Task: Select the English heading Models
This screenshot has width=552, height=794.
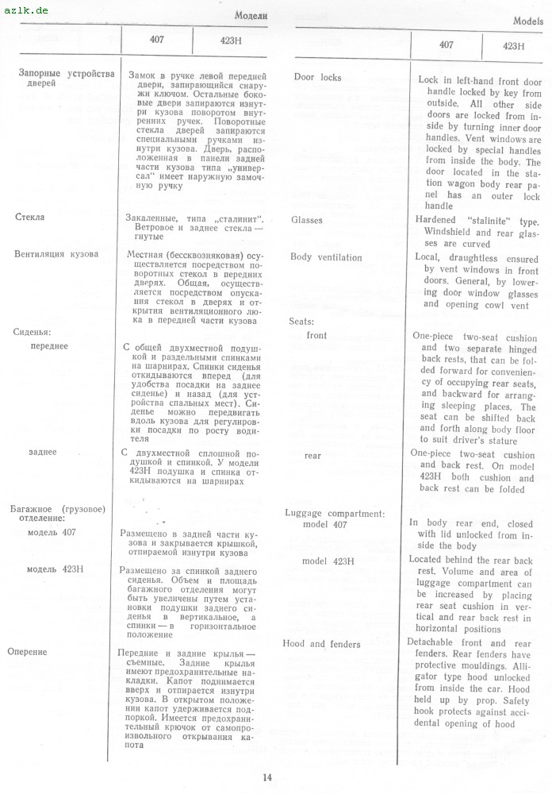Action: (528, 21)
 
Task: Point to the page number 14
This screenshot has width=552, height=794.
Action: (267, 776)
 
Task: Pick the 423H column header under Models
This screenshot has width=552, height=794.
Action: (514, 45)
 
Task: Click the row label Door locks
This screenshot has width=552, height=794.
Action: (317, 77)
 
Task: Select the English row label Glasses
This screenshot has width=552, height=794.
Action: (307, 220)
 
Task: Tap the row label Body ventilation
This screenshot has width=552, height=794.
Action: (326, 257)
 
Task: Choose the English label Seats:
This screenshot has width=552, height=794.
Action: (302, 322)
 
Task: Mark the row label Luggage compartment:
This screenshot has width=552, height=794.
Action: (334, 513)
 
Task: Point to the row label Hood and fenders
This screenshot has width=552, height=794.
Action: (321, 643)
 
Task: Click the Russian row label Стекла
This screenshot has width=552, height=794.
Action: (30, 216)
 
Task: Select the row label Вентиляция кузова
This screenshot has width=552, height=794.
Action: (56, 254)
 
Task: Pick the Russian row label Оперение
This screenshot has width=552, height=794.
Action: (27, 652)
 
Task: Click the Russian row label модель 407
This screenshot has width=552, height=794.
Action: (52, 532)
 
